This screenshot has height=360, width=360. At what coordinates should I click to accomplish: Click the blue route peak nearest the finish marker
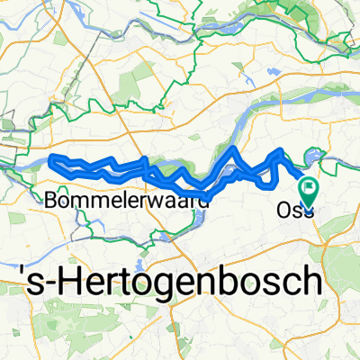[282, 150]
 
